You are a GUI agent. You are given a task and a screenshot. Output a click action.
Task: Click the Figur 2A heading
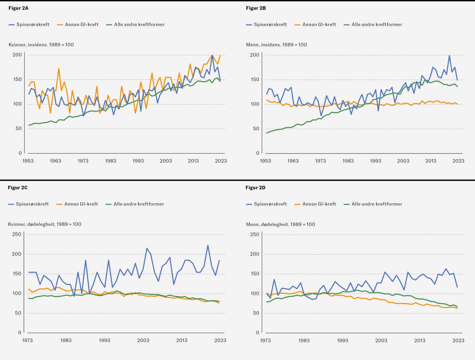pos(18,8)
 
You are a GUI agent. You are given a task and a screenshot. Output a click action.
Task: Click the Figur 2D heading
pos(255,188)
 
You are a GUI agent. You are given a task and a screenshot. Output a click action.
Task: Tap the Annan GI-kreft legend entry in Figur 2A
pos(78,25)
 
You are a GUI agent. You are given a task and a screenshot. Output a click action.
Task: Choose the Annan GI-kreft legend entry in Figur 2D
pos(315,204)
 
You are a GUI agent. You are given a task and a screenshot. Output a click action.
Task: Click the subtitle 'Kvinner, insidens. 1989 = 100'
pos(41,45)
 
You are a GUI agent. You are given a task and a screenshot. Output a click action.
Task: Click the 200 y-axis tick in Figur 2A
pos(17,55)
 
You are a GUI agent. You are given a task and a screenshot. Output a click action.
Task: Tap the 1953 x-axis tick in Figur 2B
pos(265,161)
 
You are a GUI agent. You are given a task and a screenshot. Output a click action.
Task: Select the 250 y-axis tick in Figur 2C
pos(17,234)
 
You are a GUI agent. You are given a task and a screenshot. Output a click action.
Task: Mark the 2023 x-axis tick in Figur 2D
pos(458,340)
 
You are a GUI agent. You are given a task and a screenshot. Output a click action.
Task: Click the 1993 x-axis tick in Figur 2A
pos(138,161)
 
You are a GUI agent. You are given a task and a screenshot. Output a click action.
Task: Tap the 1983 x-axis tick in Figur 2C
pos(66,340)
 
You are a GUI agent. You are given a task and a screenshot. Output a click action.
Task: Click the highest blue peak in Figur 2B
pos(449,55)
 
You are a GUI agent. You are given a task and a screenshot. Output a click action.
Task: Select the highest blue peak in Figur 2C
pos(208,245)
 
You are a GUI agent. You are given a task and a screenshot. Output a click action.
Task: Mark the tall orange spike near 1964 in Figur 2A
pos(59,68)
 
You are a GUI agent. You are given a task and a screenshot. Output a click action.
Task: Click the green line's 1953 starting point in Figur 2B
pos(267,133)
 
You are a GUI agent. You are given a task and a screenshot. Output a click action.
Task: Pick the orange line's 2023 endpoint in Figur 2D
pos(457,308)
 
